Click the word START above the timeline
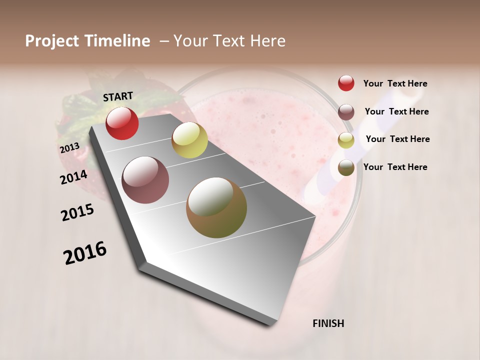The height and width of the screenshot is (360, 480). pyautogui.click(x=118, y=96)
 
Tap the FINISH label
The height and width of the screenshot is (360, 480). pyautogui.click(x=328, y=323)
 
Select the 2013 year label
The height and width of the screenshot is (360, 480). pyautogui.click(x=69, y=148)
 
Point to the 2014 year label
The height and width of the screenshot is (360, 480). pyautogui.click(x=73, y=177)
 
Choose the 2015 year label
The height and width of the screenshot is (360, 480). pyautogui.click(x=77, y=212)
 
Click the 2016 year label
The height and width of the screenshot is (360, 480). pyautogui.click(x=85, y=253)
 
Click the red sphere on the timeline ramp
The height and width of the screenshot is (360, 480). pyautogui.click(x=122, y=123)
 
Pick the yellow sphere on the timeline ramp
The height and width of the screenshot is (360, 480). pyautogui.click(x=189, y=140)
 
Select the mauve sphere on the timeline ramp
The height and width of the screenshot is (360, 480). pyautogui.click(x=145, y=180)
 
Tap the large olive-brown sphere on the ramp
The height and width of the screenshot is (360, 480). pyautogui.click(x=216, y=207)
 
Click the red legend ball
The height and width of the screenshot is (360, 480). pyautogui.click(x=346, y=83)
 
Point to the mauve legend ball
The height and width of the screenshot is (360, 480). pyautogui.click(x=346, y=112)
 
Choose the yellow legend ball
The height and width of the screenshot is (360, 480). pyautogui.click(x=346, y=140)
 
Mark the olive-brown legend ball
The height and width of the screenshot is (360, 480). pyautogui.click(x=346, y=167)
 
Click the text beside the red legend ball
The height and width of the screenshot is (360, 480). pyautogui.click(x=395, y=83)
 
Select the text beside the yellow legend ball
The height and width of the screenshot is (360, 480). pyautogui.click(x=397, y=139)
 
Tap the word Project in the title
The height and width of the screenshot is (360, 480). pyautogui.click(x=52, y=41)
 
